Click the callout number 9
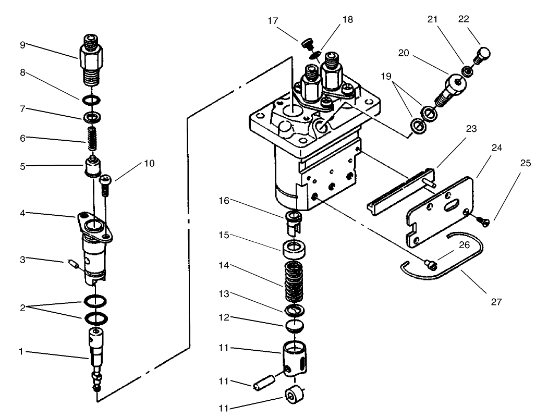pos(22,44)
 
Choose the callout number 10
pos(149,163)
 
